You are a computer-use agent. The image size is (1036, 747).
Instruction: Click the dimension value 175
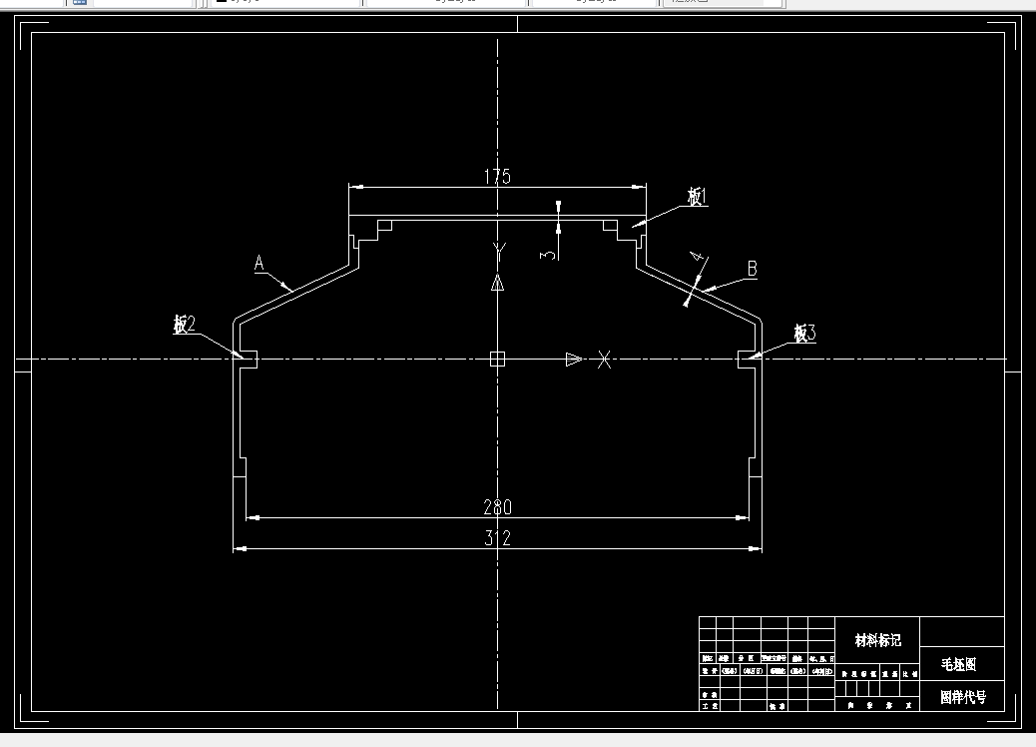point(497,177)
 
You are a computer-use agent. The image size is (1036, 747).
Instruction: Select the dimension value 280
point(497,507)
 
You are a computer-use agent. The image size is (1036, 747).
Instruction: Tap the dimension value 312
point(497,538)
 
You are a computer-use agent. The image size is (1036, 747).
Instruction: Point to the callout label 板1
point(697,198)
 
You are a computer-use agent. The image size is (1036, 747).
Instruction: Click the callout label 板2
point(184,325)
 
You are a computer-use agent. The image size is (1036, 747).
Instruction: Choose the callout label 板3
point(804,333)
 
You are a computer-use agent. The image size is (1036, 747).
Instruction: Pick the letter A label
point(259,264)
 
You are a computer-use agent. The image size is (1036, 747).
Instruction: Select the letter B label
point(752,269)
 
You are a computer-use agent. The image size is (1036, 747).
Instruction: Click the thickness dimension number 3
point(547,256)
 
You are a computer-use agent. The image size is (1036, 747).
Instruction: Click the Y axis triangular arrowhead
point(498,283)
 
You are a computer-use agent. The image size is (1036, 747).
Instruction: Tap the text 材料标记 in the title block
point(877,640)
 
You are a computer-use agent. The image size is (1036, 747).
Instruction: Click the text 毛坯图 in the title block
point(959,663)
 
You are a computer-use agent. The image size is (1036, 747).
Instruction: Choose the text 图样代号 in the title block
point(962,697)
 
